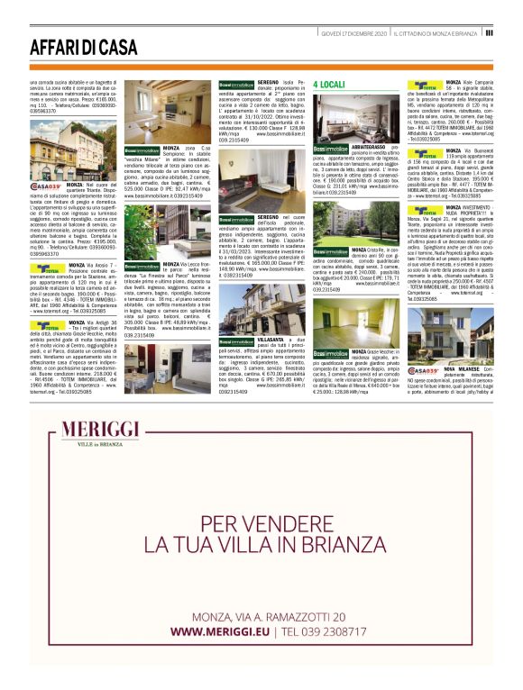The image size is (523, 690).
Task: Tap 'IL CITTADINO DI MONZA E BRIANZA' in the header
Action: point(436,32)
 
